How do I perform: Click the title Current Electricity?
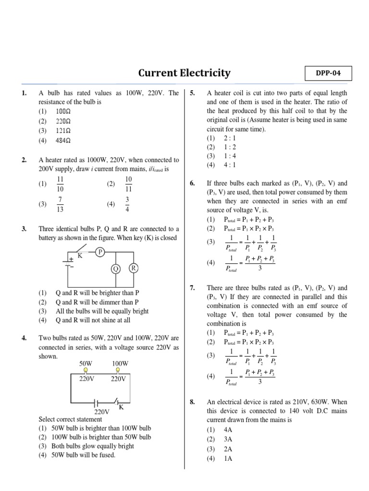click(x=184, y=73)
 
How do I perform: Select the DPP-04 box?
click(x=328, y=74)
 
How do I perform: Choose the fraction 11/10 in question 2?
click(x=61, y=183)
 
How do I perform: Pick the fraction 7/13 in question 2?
click(x=61, y=204)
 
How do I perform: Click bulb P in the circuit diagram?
click(x=100, y=252)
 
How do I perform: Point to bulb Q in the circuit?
click(x=115, y=269)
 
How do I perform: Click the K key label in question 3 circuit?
click(x=80, y=256)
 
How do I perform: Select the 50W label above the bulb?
click(x=86, y=364)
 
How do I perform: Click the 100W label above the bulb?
click(x=120, y=364)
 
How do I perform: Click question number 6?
click(x=192, y=184)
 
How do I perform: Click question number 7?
click(x=192, y=288)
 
